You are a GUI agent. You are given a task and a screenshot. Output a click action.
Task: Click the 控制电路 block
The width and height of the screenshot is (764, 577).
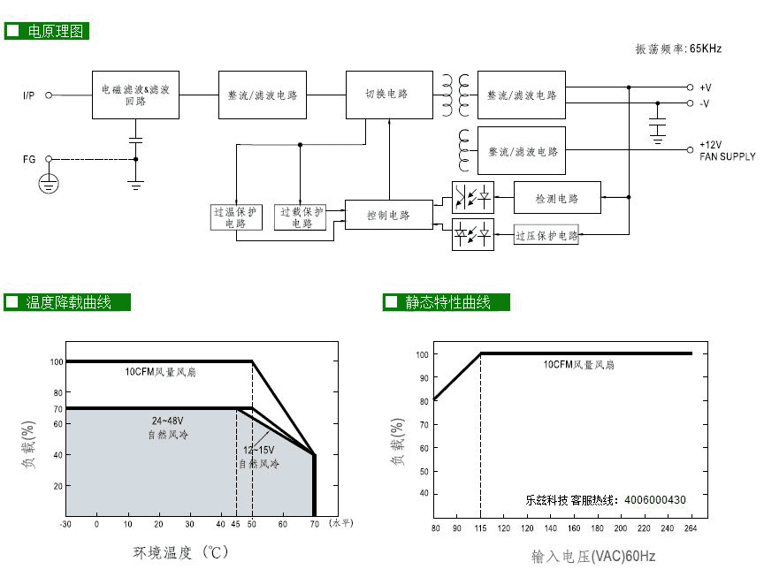point(389,216)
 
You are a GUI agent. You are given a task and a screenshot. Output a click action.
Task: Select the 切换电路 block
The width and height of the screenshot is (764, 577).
point(386,95)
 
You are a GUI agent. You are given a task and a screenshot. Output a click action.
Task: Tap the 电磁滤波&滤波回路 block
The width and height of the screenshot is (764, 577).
point(135,95)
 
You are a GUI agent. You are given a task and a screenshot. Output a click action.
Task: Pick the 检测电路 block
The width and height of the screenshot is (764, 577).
point(557,199)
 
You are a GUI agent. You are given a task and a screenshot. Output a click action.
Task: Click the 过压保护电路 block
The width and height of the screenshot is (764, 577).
point(546,236)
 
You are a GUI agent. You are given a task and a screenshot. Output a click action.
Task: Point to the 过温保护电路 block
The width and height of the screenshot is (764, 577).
point(235,217)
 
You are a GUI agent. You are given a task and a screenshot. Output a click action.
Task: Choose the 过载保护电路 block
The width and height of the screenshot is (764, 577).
point(301,217)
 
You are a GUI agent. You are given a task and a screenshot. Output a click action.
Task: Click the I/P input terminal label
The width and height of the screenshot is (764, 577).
point(28,95)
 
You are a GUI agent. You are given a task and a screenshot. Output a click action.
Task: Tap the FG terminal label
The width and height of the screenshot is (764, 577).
point(29,159)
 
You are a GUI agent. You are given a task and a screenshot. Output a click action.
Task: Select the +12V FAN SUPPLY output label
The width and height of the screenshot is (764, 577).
point(727,150)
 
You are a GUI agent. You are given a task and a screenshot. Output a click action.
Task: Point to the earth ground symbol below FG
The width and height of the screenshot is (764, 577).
point(49,184)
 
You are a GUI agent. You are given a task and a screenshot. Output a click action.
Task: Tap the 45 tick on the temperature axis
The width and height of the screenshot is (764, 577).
point(235,524)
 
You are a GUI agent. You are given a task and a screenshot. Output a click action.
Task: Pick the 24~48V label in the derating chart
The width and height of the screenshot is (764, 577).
point(168,421)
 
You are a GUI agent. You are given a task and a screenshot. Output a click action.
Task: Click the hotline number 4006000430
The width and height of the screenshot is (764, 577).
point(654,500)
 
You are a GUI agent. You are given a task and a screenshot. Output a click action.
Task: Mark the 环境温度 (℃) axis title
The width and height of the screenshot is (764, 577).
point(181,554)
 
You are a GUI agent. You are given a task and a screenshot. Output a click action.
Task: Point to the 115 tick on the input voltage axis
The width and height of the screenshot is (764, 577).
point(480,529)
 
